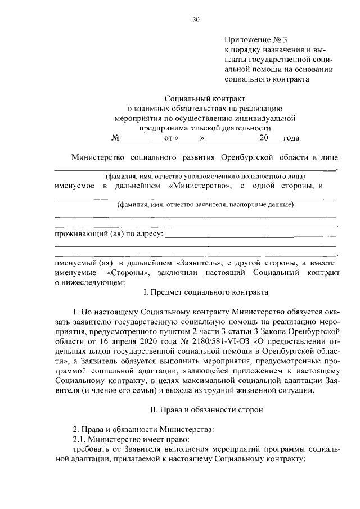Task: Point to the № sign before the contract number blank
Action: point(115,138)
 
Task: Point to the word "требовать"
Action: point(92,449)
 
